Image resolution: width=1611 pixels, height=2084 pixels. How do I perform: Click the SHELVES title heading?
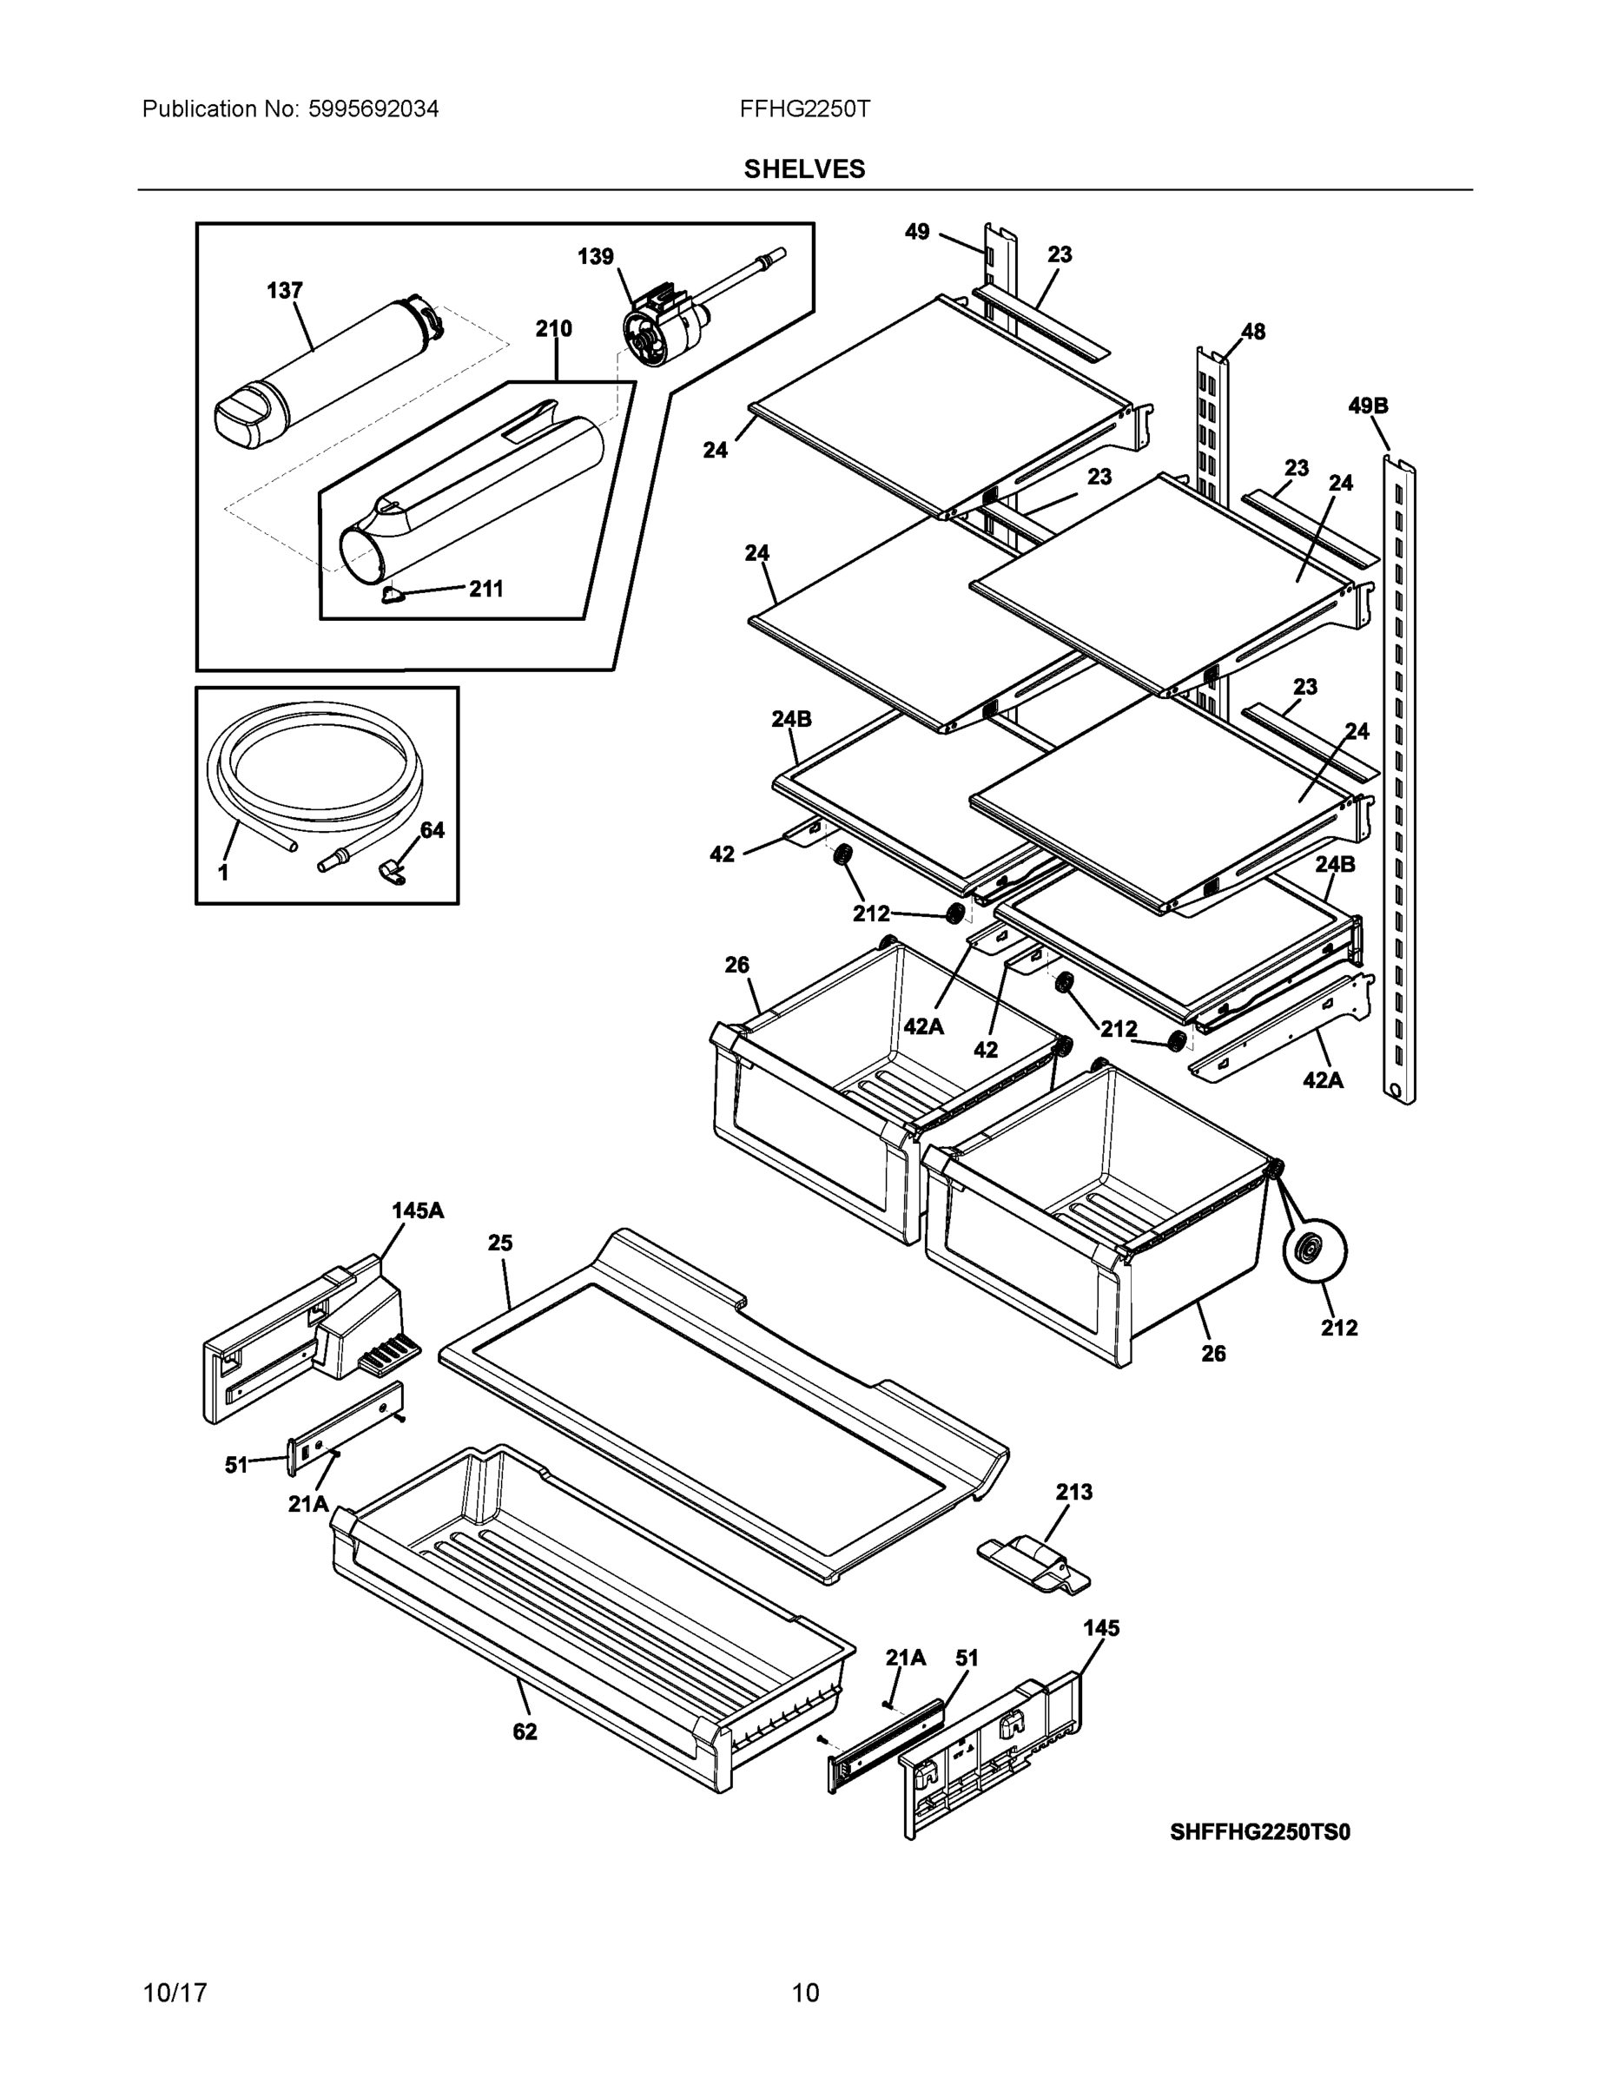pos(803,169)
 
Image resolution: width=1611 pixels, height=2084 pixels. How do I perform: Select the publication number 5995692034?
pos(373,109)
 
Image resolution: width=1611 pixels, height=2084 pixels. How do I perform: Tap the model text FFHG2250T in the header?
pos(803,109)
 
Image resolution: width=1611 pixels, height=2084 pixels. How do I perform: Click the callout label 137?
pos(284,290)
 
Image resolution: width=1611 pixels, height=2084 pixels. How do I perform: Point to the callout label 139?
pos(596,257)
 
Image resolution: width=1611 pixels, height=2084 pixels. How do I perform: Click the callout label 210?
pos(553,329)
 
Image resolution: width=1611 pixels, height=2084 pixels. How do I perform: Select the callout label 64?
pos(432,830)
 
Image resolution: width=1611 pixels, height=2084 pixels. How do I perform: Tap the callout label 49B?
pos(1368,406)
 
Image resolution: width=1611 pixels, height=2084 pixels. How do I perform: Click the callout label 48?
pos(1252,331)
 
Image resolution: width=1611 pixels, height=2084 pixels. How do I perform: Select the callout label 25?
pos(500,1243)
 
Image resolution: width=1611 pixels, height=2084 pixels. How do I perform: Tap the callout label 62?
pos(525,1731)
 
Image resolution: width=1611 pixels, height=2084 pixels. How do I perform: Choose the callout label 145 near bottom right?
pos(1100,1628)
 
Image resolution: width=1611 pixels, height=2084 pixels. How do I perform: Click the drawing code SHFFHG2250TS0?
pos(1260,1831)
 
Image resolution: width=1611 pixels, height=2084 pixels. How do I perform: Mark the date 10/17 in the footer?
pos(175,1993)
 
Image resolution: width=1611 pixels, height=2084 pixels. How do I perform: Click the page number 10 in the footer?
pos(804,1993)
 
